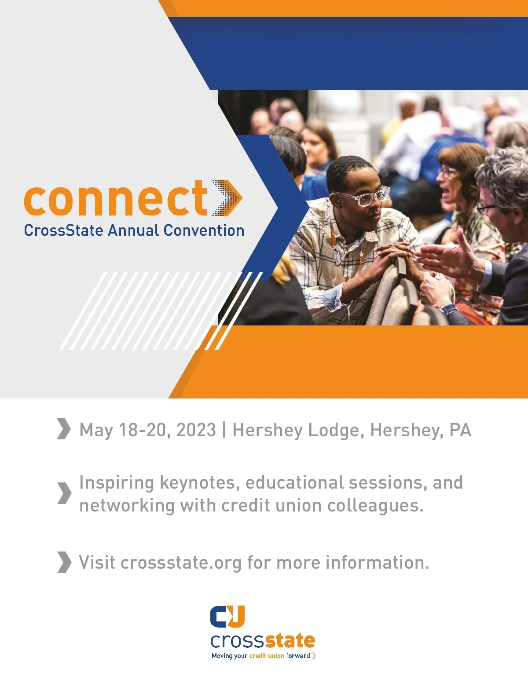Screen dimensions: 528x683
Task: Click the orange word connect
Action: coord(115,198)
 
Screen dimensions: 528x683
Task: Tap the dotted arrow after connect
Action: coord(227,198)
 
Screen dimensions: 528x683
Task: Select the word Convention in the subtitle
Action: coord(204,230)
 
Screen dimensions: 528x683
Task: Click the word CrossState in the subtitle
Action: coord(64,230)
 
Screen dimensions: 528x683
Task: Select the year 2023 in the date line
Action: coord(196,430)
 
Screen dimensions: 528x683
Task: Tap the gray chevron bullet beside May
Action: coord(64,429)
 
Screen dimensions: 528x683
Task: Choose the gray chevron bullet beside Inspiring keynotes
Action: coord(65,493)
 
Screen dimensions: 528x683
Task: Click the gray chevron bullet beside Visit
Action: coord(65,562)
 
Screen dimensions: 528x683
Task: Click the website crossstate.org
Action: coord(181,563)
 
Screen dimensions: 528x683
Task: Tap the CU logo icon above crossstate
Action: coord(227,616)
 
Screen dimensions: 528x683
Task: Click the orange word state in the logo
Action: coord(290,640)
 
